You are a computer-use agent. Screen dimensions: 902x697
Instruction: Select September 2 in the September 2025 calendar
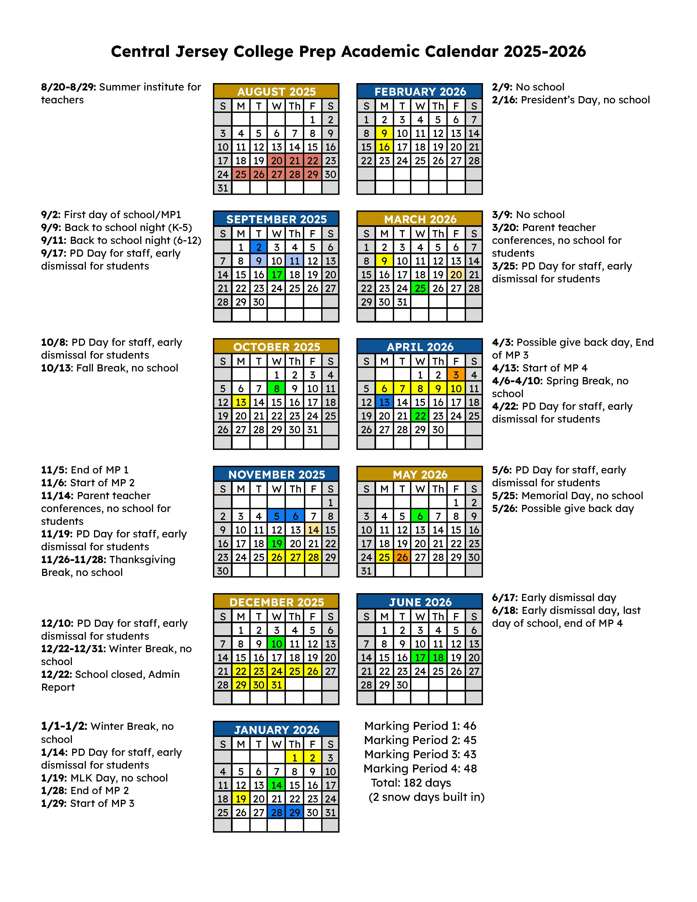pos(259,247)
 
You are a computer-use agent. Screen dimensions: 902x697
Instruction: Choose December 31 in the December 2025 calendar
pos(276,685)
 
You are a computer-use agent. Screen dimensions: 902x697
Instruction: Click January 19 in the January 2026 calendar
pos(241,799)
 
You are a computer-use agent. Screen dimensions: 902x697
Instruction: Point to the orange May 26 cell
pos(402,557)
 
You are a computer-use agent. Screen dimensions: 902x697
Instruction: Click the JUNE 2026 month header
pos(420,602)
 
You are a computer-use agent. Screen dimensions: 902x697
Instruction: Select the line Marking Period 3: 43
pos(420,754)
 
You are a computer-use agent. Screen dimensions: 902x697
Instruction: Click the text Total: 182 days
pos(411,783)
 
